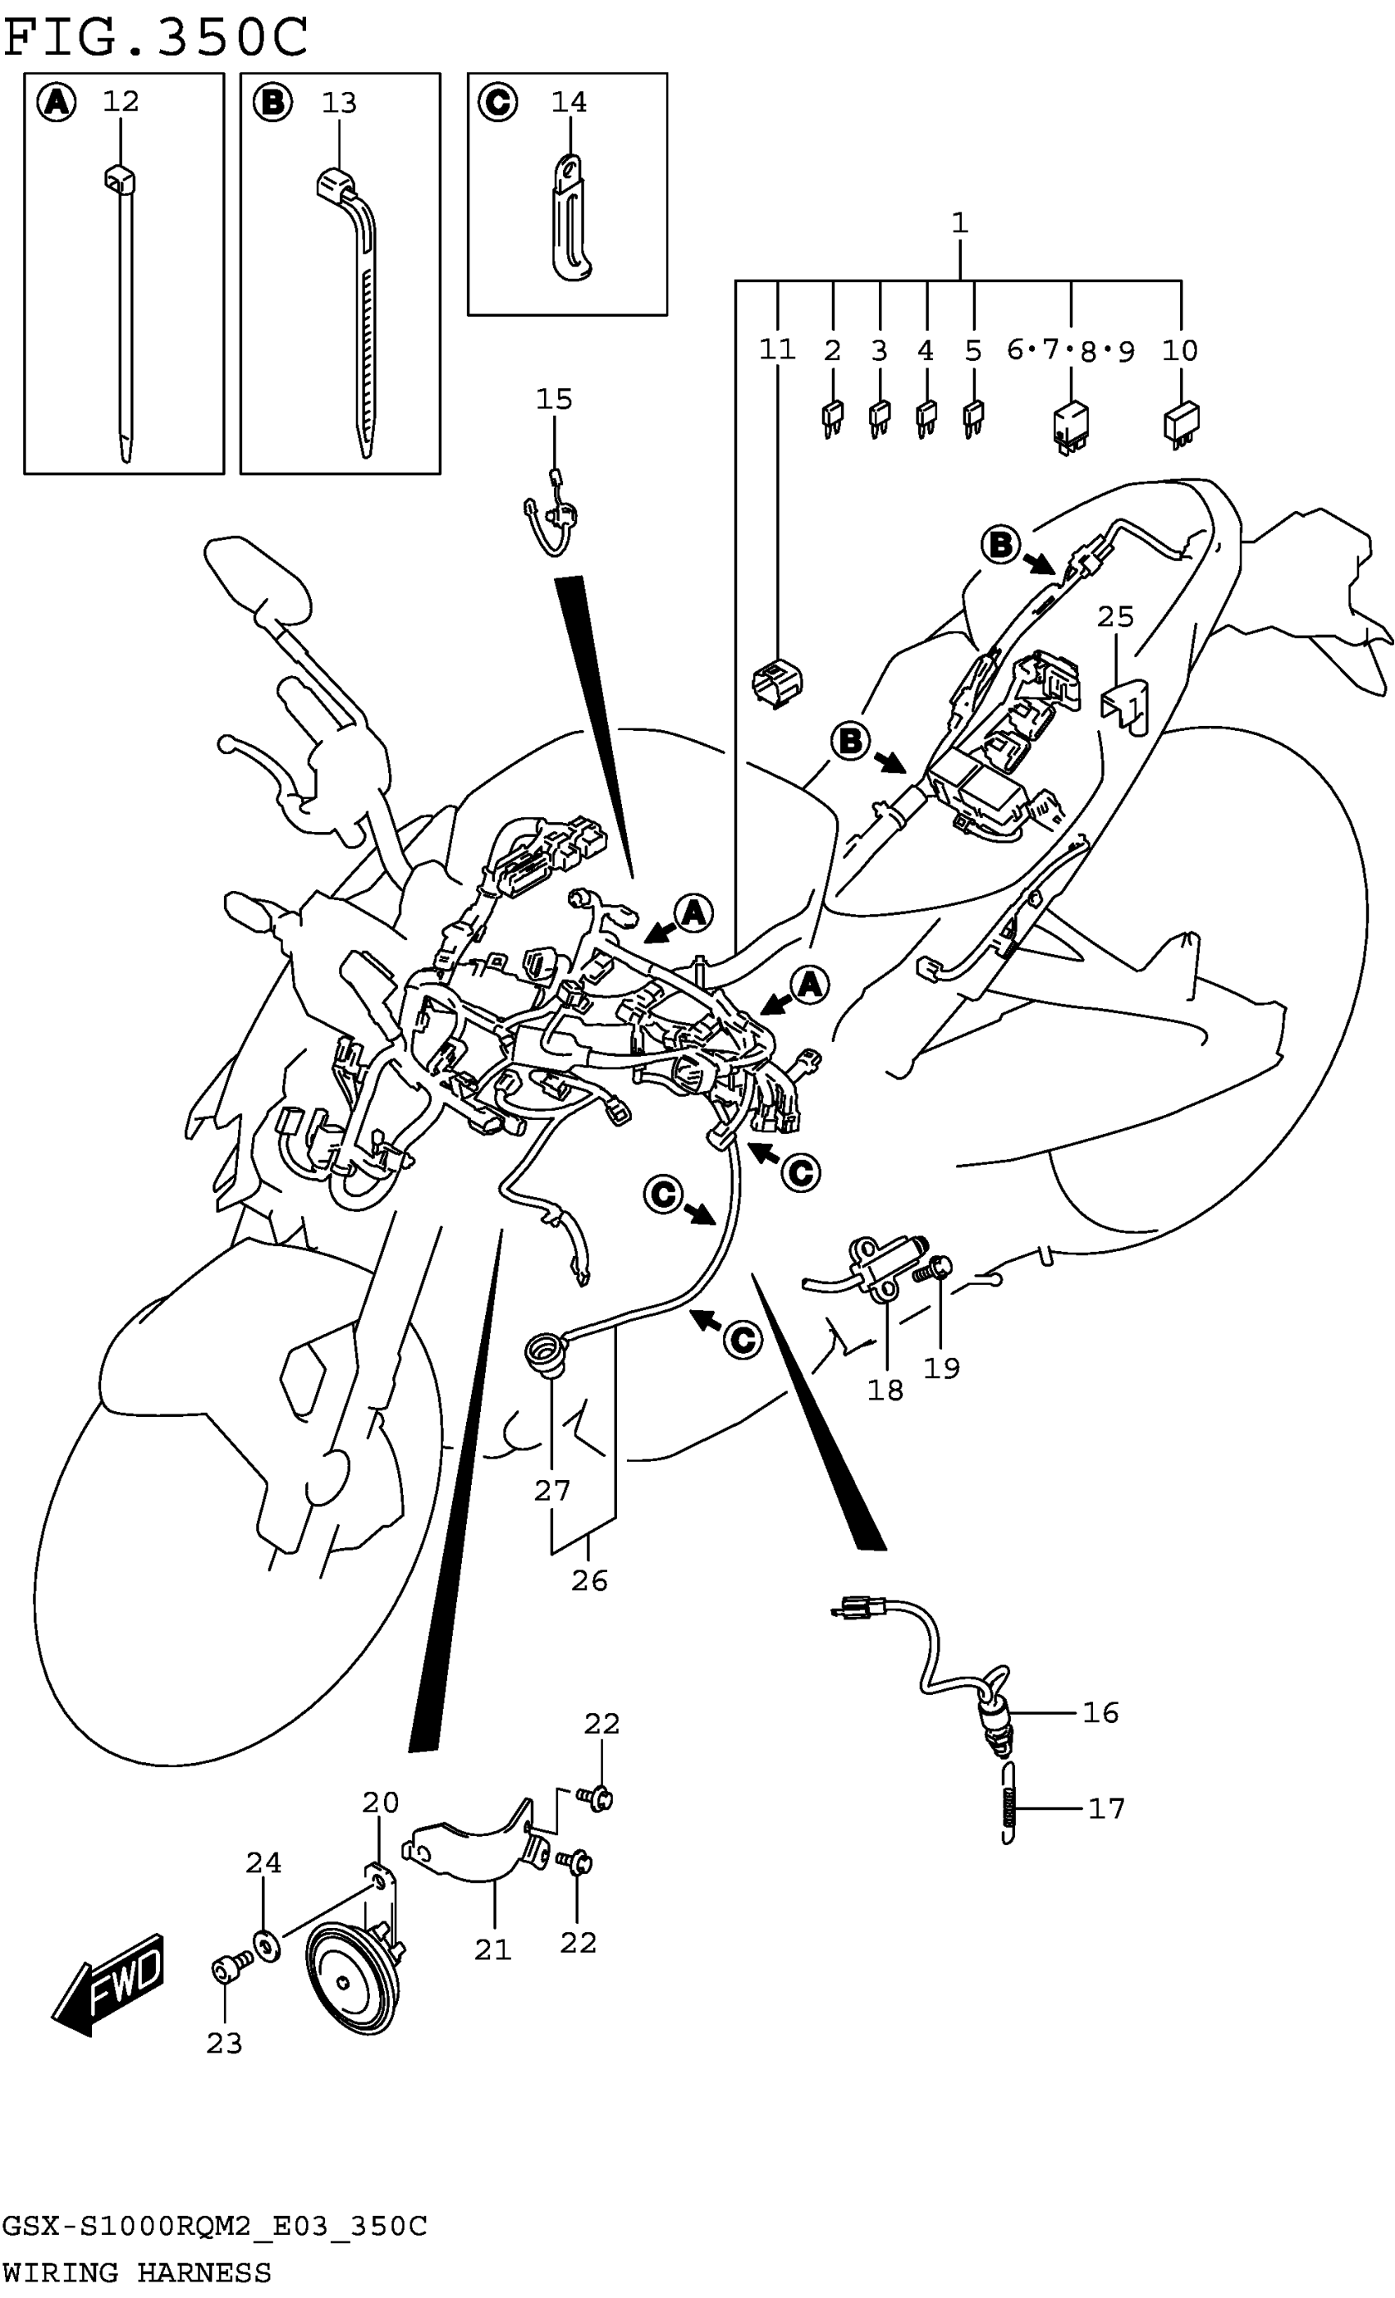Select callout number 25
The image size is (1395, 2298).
tap(1115, 616)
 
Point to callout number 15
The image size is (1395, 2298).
tap(554, 400)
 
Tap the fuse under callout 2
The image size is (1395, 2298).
tap(832, 417)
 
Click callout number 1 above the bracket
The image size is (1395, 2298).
tap(959, 223)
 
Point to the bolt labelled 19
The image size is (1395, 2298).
tap(934, 1269)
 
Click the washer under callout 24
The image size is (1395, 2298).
tap(267, 1948)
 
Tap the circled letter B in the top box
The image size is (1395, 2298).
tap(272, 102)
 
